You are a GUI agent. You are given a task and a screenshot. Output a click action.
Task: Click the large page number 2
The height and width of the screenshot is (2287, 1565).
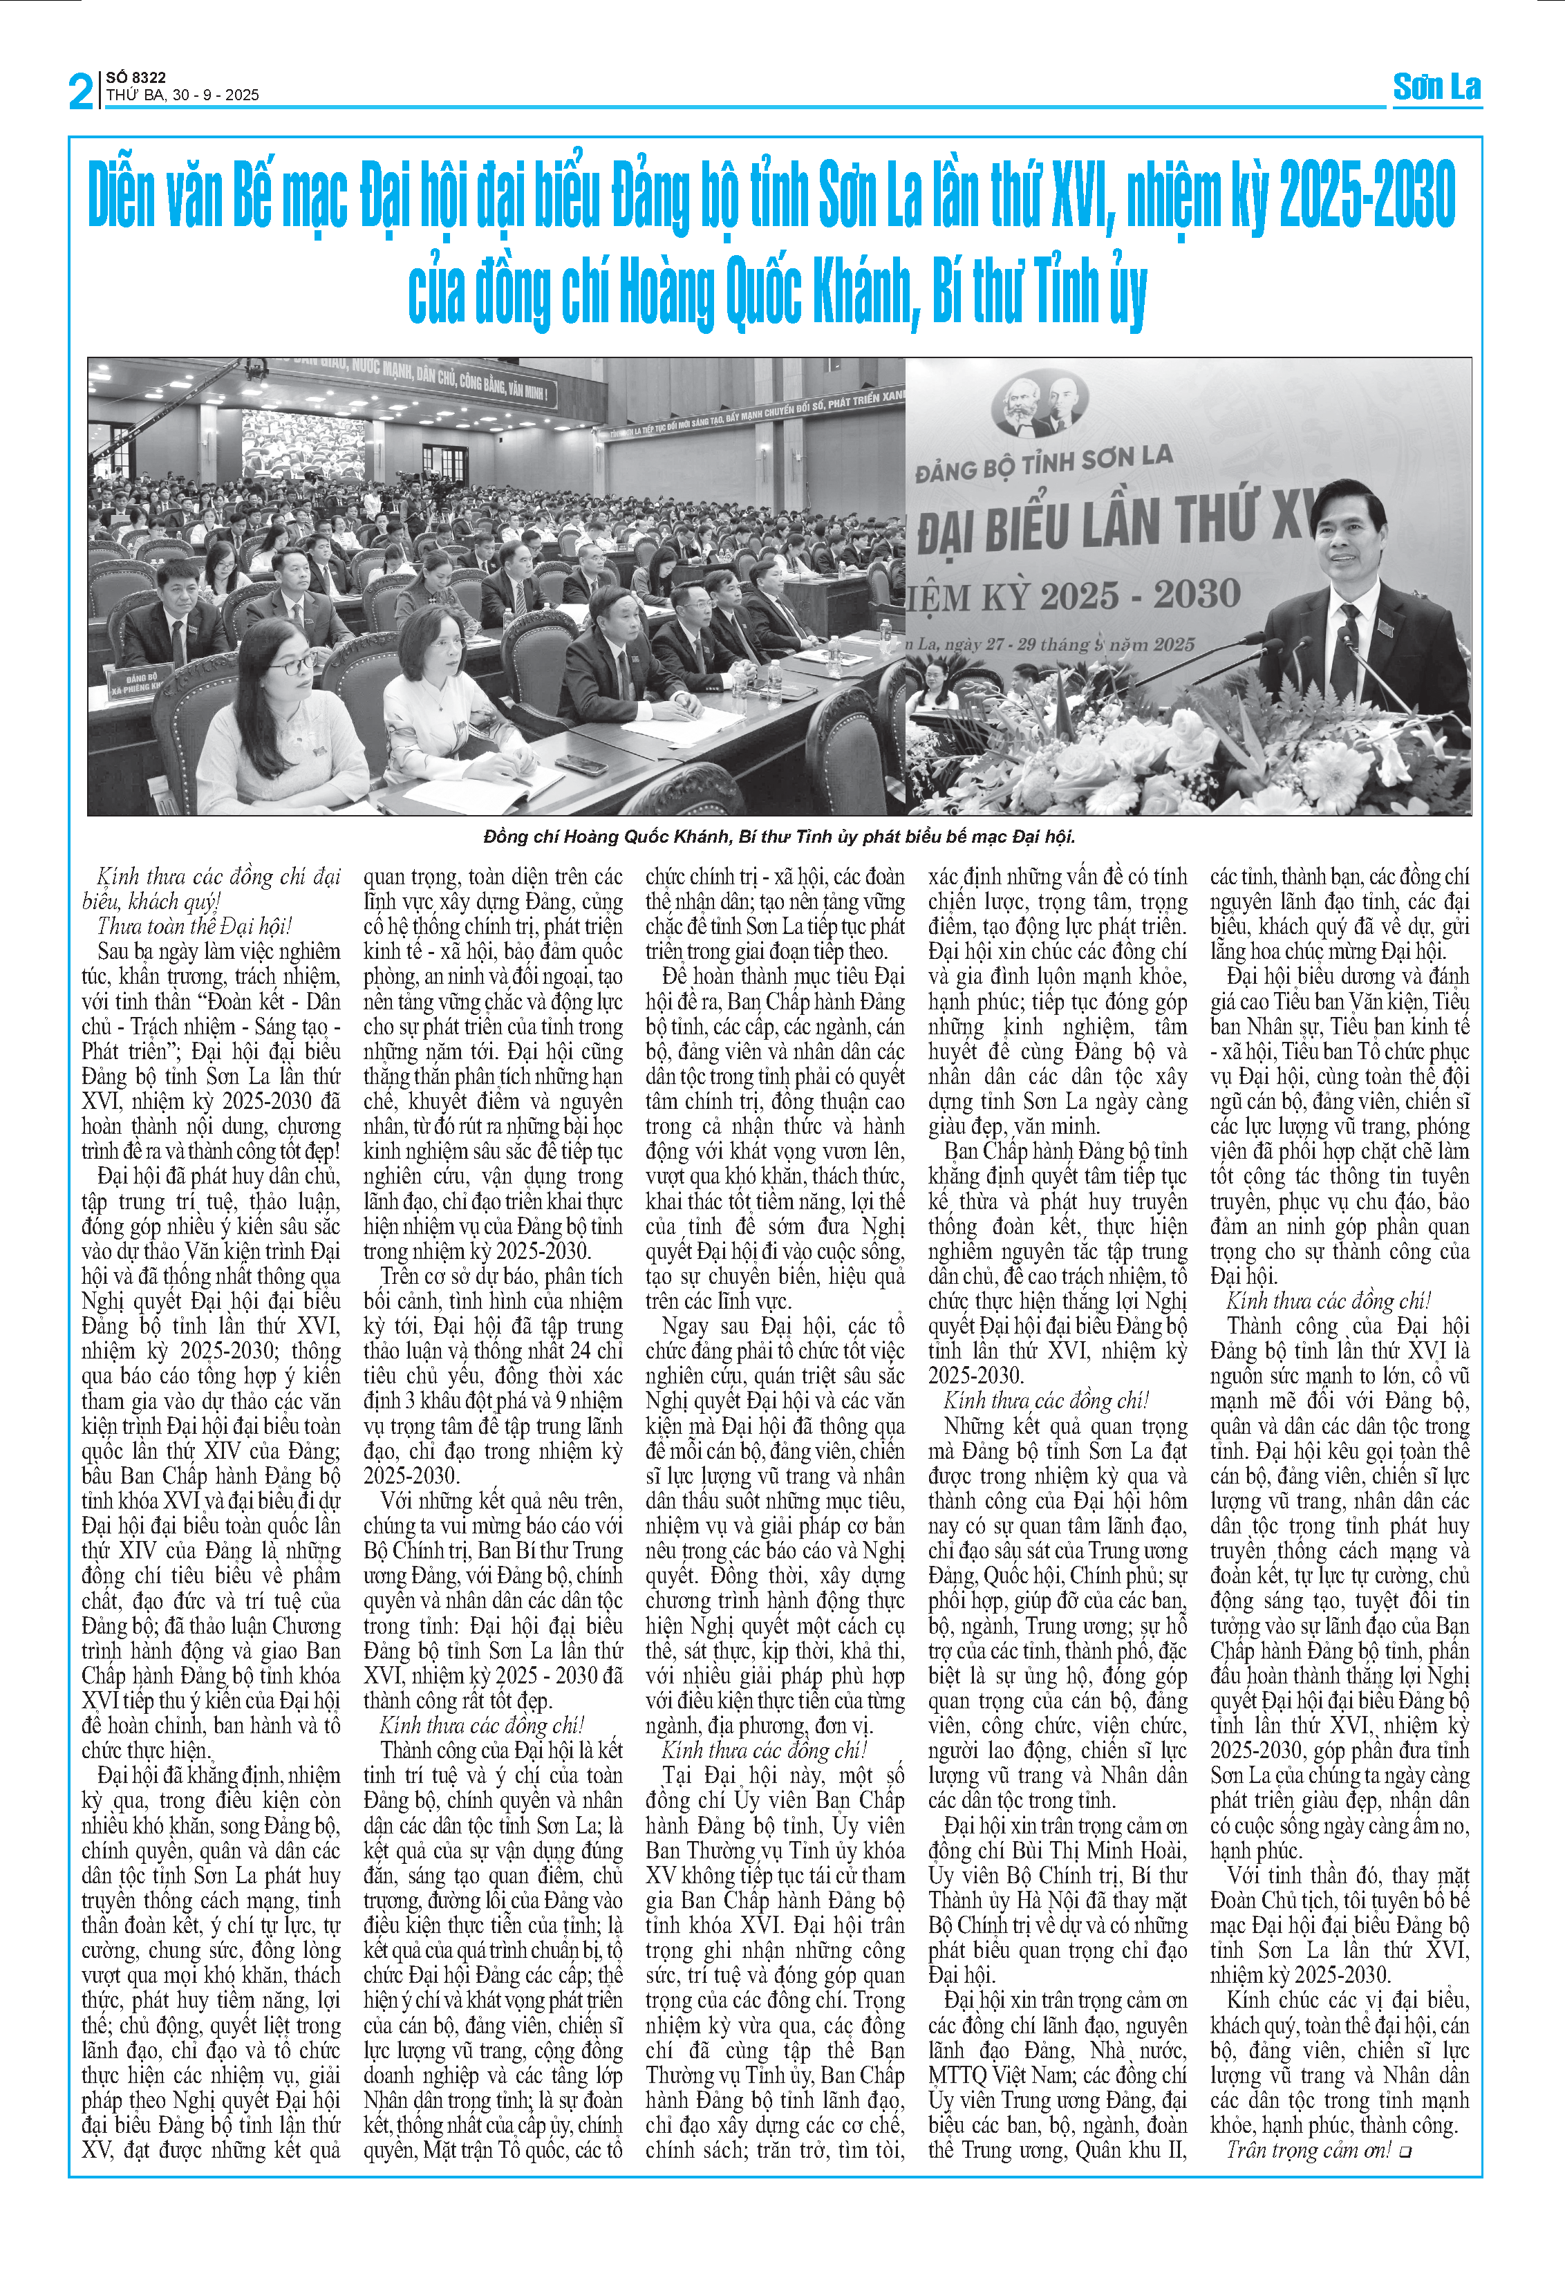click(x=81, y=91)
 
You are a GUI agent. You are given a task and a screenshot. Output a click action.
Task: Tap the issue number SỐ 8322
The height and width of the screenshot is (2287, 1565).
click(x=135, y=77)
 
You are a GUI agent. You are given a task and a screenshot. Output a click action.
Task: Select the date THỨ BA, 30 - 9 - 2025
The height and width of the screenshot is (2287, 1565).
click(x=183, y=95)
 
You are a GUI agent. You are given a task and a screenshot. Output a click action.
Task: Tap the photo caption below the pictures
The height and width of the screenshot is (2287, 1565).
click(x=779, y=837)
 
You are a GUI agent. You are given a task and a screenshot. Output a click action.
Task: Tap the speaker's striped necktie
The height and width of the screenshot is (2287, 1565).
click(x=1349, y=640)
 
